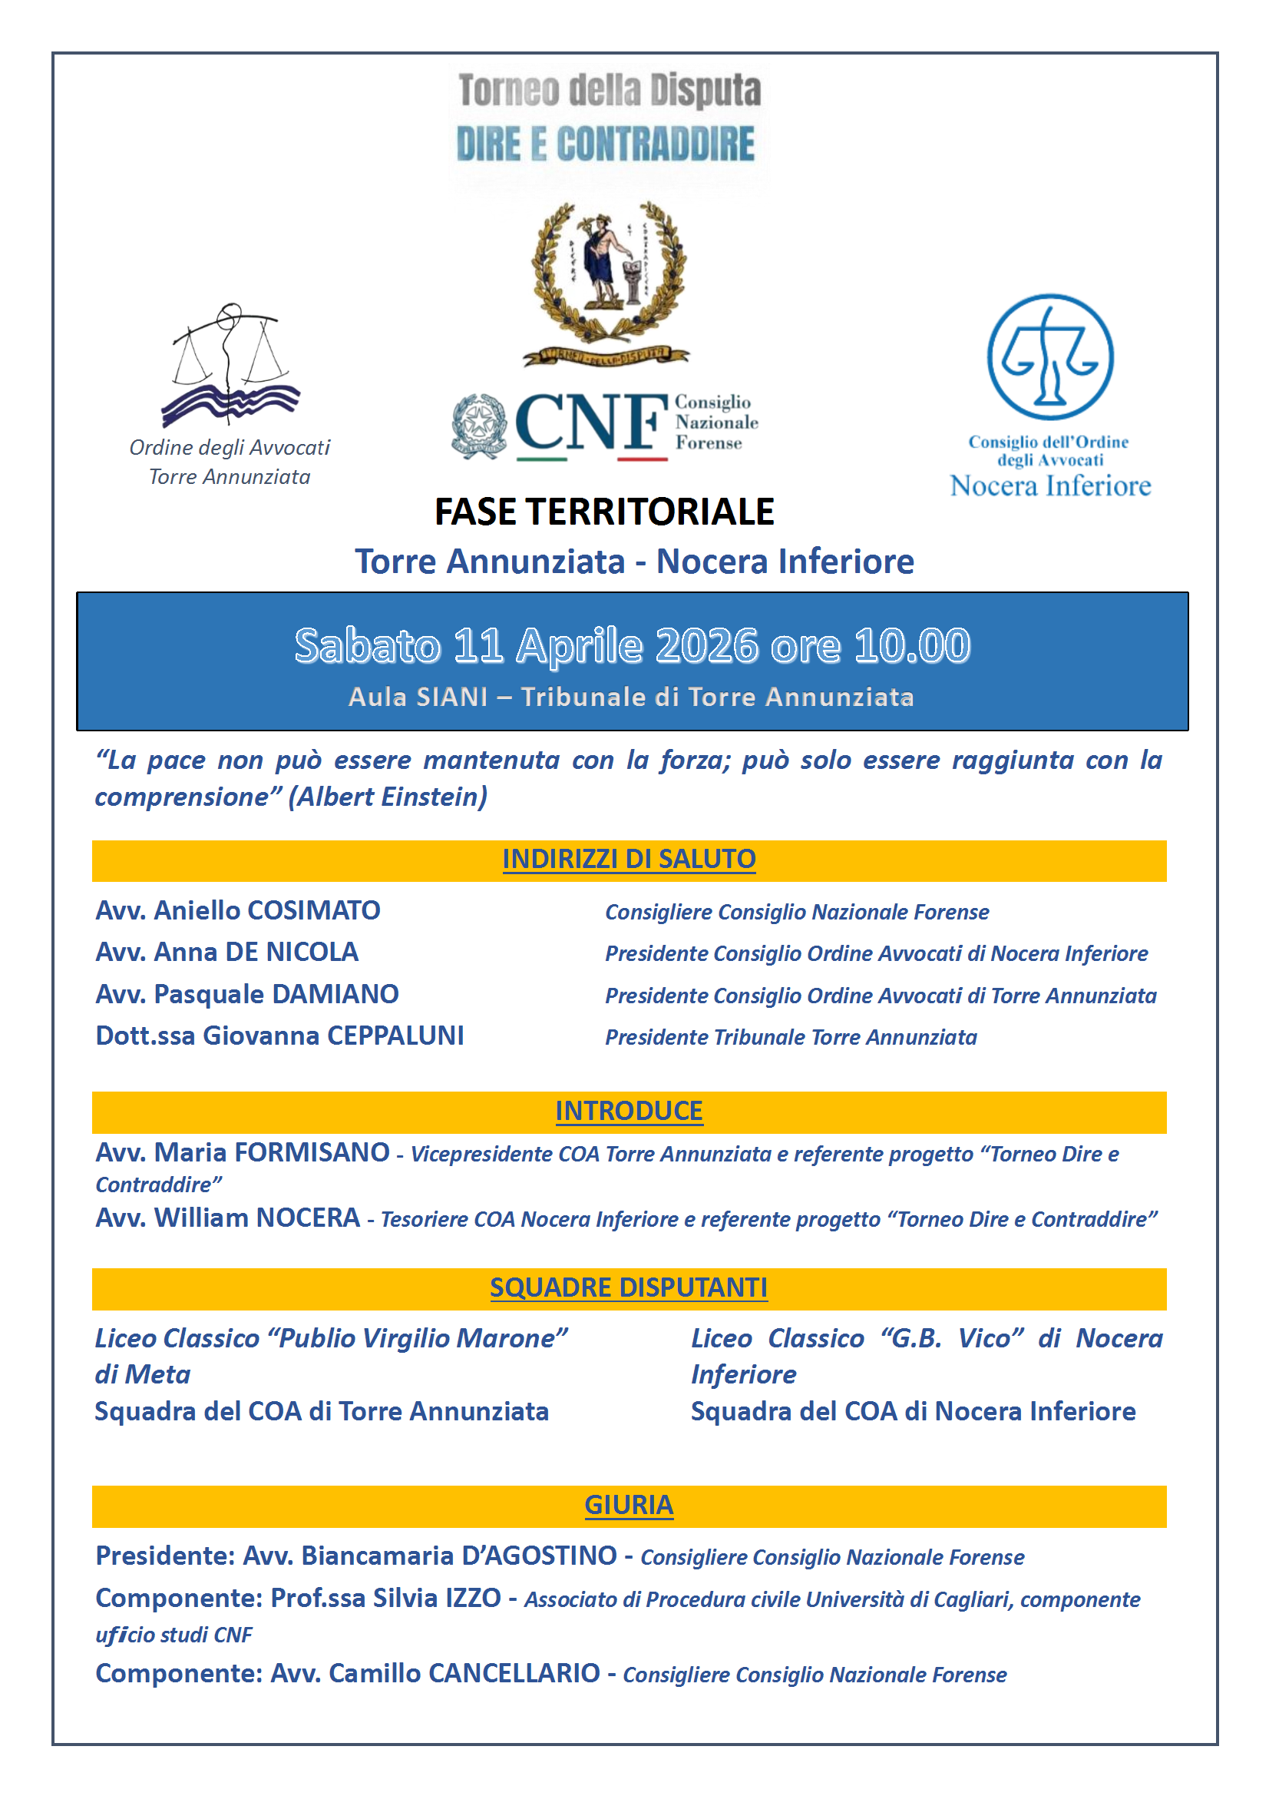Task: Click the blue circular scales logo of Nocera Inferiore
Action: pyautogui.click(x=1049, y=356)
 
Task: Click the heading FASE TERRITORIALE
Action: pyautogui.click(x=603, y=512)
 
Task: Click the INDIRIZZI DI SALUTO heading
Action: pyautogui.click(x=629, y=860)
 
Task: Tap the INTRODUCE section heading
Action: pyautogui.click(x=629, y=1112)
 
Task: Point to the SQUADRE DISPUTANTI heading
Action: pyautogui.click(x=629, y=1287)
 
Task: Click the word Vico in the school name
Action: pyautogui.click(x=989, y=1339)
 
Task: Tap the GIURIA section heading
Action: pyautogui.click(x=629, y=1506)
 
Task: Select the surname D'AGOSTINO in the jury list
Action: pyautogui.click(x=539, y=1556)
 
